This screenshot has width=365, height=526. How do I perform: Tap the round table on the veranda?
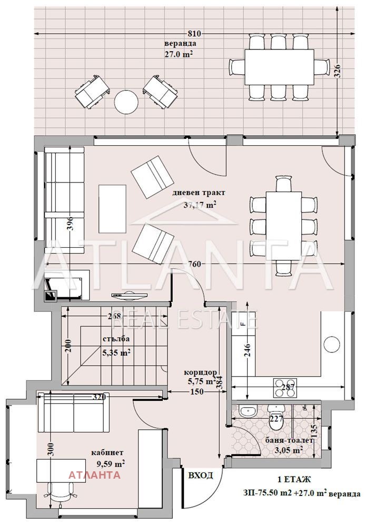point(126,102)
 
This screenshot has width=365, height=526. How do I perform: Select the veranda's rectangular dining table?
point(279,67)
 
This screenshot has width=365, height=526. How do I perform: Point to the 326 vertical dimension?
point(338,71)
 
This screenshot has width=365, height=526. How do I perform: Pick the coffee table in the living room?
point(113,209)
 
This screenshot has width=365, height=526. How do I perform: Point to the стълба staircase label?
point(116,339)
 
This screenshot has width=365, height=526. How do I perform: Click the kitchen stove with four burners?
point(285,388)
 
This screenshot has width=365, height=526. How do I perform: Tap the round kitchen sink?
point(332,345)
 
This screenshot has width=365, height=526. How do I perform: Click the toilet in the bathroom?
point(277,417)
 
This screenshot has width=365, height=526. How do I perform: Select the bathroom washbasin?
point(248,410)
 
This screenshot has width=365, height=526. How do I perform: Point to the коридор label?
point(201,373)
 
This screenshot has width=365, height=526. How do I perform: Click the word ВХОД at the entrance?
point(201,476)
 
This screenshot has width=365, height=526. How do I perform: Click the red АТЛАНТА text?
point(94,475)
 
